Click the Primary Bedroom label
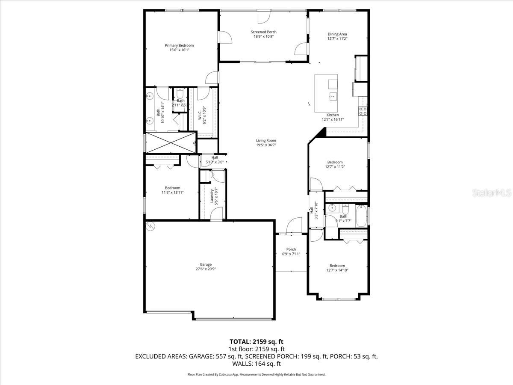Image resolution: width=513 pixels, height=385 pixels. click(x=180, y=45)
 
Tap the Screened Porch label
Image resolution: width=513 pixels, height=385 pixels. click(x=263, y=32)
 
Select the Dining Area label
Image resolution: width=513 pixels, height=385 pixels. click(x=337, y=34)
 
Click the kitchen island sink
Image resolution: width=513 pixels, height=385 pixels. click(x=333, y=96)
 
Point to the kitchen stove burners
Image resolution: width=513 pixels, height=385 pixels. click(x=363, y=111)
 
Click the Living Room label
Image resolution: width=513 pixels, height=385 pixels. click(x=266, y=140)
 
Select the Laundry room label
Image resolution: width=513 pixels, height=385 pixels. click(x=212, y=195)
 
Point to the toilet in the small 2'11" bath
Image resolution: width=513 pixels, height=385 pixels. click(x=180, y=94)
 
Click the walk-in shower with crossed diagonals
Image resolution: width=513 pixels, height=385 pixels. click(x=171, y=142)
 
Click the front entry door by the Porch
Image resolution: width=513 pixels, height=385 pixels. click(x=294, y=226)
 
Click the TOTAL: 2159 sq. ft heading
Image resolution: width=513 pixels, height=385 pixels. click(x=256, y=342)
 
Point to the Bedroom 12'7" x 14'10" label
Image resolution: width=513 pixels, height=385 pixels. click(x=335, y=266)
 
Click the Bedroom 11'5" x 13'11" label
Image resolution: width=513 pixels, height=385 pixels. click(x=173, y=188)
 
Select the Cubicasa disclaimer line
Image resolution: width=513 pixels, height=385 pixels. click(x=256, y=374)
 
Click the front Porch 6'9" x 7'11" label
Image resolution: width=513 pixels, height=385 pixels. click(x=291, y=249)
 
